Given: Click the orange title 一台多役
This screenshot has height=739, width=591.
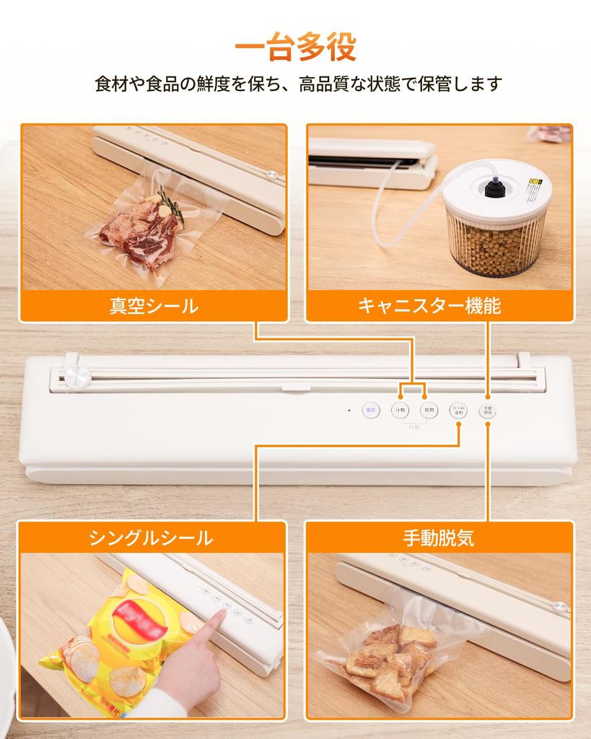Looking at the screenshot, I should click(x=295, y=48).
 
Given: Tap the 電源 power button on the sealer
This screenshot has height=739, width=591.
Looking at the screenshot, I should click(x=370, y=409).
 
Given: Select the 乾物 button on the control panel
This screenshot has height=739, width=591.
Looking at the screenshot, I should click(x=429, y=409).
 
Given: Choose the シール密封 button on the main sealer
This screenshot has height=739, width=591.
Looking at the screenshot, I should click(x=458, y=409).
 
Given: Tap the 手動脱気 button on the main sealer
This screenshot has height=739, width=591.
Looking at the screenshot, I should click(x=487, y=409).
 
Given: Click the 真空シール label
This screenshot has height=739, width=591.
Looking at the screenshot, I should click(x=153, y=306).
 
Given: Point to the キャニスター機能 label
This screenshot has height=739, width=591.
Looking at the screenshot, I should click(x=439, y=306).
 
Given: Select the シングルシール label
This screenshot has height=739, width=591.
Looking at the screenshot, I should click(x=152, y=538).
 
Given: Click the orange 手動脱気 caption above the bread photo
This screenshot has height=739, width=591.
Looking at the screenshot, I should click(x=439, y=538).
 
